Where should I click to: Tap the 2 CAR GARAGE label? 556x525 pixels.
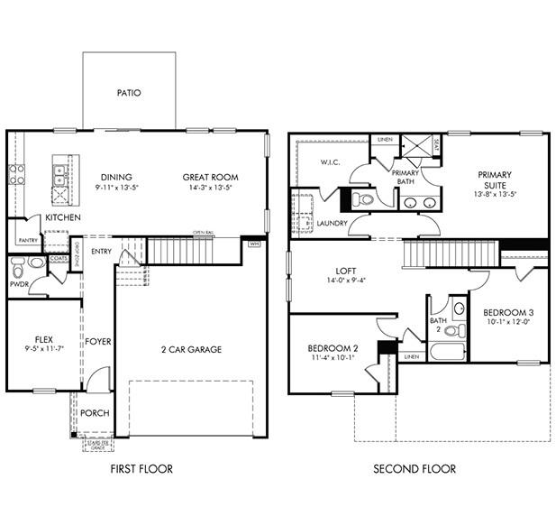pyautogui.click(x=191, y=349)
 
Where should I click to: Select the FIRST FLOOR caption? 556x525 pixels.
pyautogui.click(x=141, y=469)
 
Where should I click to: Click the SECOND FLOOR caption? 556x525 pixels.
pyautogui.click(x=415, y=469)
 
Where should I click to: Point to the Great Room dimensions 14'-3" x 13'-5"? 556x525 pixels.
pyautogui.click(x=209, y=189)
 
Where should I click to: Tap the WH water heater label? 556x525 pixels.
pyautogui.click(x=254, y=243)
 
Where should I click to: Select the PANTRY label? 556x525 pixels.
pyautogui.click(x=27, y=240)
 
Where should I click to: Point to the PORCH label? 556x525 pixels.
pyautogui.click(x=95, y=413)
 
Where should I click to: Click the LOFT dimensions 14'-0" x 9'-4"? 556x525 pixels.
pyautogui.click(x=346, y=280)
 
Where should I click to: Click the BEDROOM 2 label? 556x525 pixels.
pyautogui.click(x=333, y=348)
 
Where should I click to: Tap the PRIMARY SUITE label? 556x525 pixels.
pyautogui.click(x=495, y=180)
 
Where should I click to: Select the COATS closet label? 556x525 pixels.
pyautogui.click(x=59, y=258)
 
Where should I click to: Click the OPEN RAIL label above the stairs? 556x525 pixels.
pyautogui.click(x=204, y=234)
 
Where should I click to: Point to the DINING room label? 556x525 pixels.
pyautogui.click(x=116, y=177)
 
